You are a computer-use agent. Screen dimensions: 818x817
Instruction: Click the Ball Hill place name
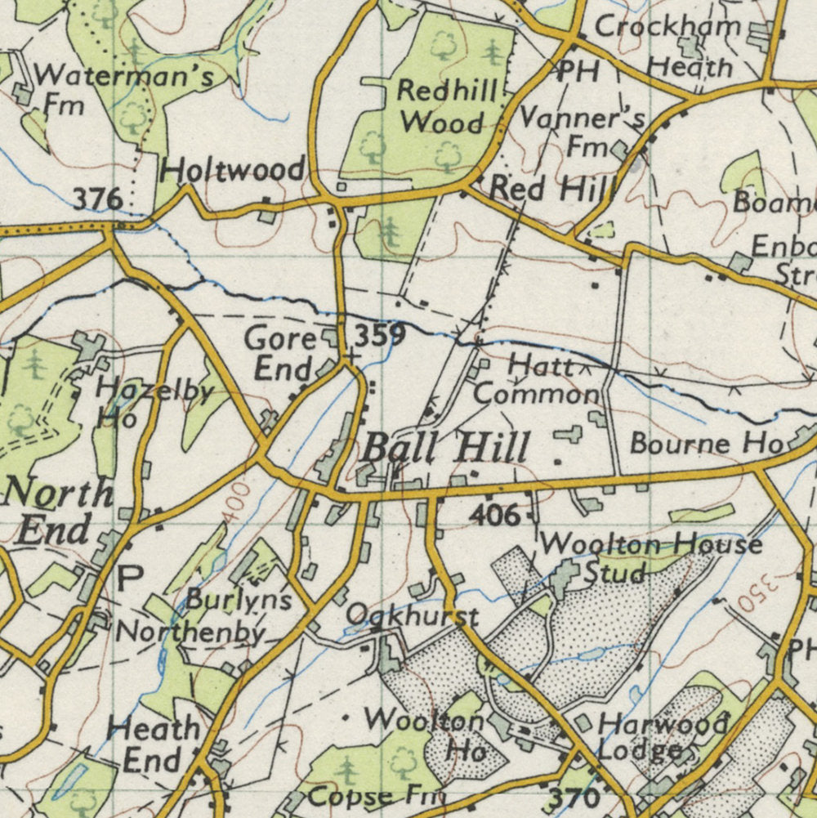[x=445, y=449]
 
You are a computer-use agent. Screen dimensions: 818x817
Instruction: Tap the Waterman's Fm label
[x=123, y=90]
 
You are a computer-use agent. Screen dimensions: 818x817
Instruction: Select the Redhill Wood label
[x=445, y=106]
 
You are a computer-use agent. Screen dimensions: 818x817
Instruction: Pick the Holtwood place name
[x=233, y=171]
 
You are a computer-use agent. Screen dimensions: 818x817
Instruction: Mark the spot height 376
[x=97, y=199]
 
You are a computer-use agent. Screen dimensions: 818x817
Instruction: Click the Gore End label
[x=280, y=353]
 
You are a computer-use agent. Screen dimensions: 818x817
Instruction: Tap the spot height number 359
[x=380, y=335]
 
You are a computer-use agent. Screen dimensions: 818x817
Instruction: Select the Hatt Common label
[x=538, y=379]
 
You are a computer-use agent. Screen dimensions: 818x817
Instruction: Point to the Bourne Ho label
[x=706, y=444]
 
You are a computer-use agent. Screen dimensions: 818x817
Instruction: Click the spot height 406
[x=494, y=516]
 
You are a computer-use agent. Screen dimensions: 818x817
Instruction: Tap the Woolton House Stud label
[x=650, y=557]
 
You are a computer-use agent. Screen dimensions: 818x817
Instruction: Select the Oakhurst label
[x=411, y=615]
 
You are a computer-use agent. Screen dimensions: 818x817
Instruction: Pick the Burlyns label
[x=239, y=600]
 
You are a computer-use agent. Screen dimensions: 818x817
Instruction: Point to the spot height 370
[x=574, y=798]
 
